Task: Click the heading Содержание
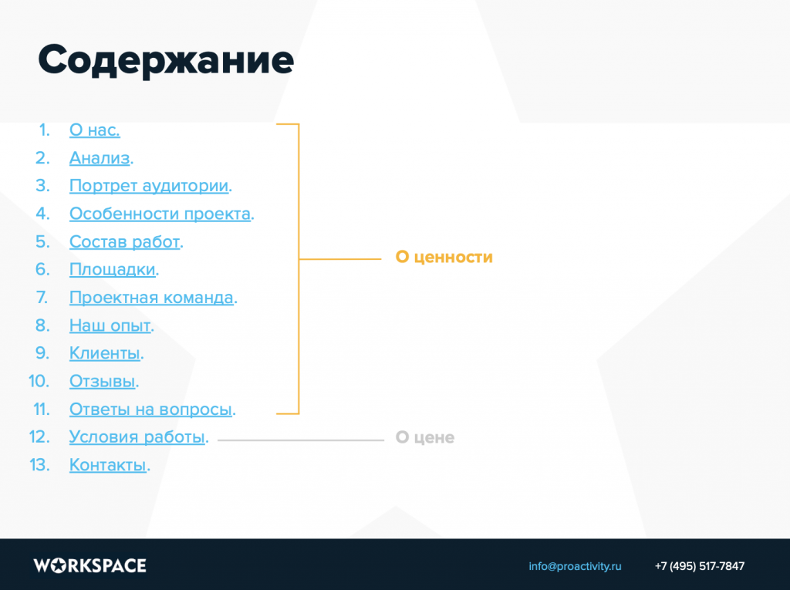[166, 60]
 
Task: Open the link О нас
[95, 130]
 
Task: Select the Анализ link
[100, 158]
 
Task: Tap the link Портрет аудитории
[149, 186]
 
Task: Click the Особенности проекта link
[160, 214]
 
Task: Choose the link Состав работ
[125, 242]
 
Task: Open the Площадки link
[113, 270]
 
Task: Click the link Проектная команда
[152, 298]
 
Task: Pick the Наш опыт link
[110, 325]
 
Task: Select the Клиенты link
[105, 353]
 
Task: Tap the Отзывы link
[103, 382]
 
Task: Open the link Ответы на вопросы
[151, 409]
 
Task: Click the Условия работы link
[137, 437]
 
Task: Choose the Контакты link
[108, 464]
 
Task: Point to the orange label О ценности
[444, 257]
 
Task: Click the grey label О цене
[425, 437]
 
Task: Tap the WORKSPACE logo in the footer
[90, 566]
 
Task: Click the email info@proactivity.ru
[575, 566]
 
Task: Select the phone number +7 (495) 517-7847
[699, 566]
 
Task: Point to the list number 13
[40, 464]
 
